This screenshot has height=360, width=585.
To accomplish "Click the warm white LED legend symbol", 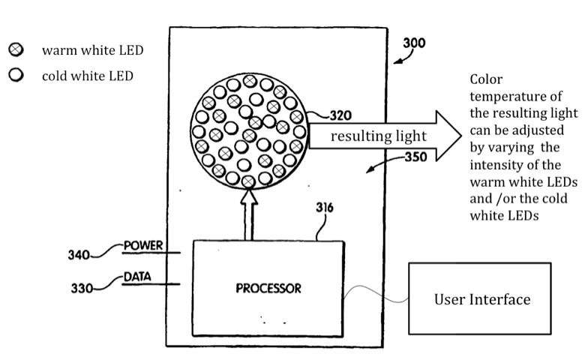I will click(x=15, y=50).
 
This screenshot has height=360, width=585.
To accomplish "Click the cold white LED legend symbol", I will click(x=15, y=75).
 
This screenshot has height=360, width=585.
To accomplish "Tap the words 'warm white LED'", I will click(x=94, y=50).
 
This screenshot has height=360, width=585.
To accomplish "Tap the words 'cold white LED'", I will click(x=89, y=76).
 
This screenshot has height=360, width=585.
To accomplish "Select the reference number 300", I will click(x=414, y=43).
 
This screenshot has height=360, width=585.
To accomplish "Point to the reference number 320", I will click(x=340, y=115).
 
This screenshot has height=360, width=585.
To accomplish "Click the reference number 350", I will click(x=416, y=157).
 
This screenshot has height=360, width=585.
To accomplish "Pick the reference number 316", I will click(x=325, y=208).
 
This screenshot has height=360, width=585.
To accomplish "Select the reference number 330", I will click(x=82, y=287).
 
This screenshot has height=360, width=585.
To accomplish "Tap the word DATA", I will click(x=137, y=276).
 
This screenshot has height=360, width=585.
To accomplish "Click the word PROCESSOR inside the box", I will click(x=268, y=288).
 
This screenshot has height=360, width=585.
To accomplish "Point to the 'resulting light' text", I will click(x=379, y=136).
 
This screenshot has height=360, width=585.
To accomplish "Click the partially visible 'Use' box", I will click(x=433, y=299).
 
